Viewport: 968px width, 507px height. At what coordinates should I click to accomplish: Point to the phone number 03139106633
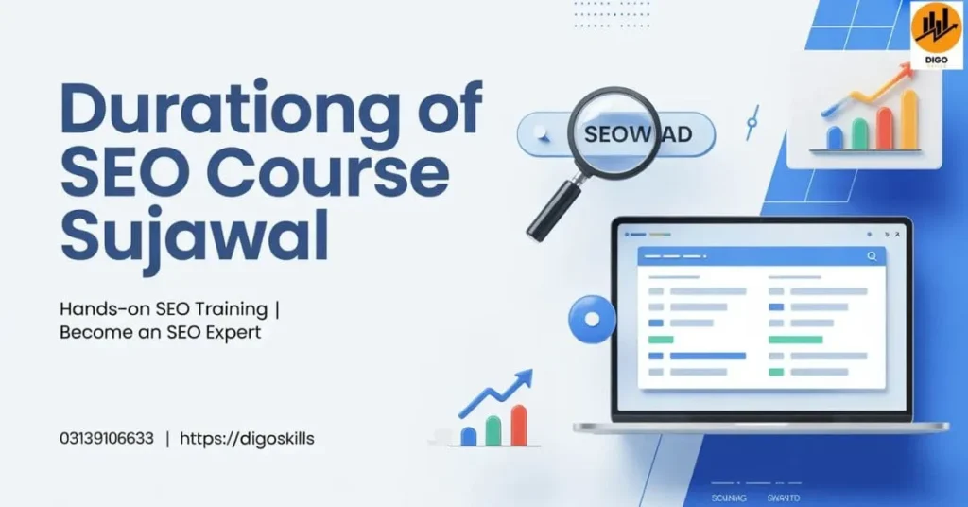[x=106, y=438]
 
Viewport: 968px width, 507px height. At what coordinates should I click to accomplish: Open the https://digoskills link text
[x=247, y=438]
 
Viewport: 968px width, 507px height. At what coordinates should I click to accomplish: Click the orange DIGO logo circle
[x=935, y=29]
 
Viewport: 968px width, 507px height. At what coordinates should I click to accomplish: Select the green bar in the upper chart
[x=860, y=132]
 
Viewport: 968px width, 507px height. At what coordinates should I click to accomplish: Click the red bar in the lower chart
[x=519, y=425]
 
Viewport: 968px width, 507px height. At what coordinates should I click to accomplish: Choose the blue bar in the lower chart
[x=468, y=435]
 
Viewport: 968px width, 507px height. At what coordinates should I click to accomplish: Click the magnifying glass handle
[x=552, y=212]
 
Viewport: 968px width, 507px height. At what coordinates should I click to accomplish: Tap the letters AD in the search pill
[x=675, y=135]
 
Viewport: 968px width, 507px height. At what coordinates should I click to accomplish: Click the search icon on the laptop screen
[x=871, y=255]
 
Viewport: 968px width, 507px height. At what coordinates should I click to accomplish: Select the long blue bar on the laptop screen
[x=708, y=356]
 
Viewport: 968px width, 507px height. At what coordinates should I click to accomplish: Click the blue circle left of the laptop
[x=592, y=319]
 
